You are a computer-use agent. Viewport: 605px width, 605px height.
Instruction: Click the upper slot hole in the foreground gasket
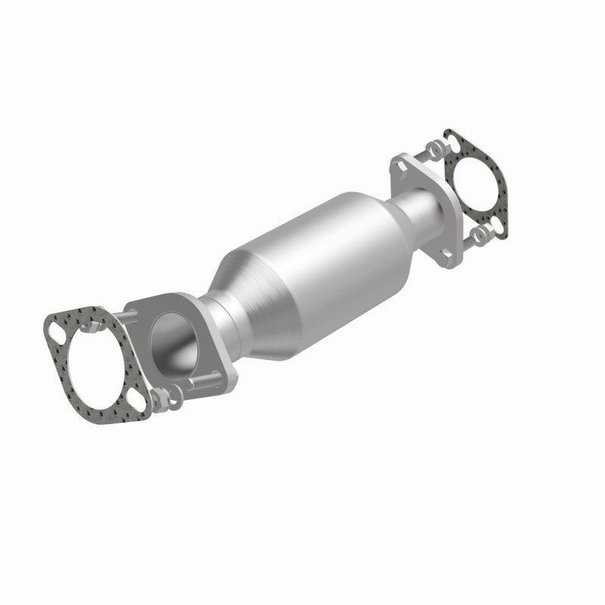coord(57,328)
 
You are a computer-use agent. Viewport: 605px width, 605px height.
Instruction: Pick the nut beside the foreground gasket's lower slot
coord(160,398)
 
